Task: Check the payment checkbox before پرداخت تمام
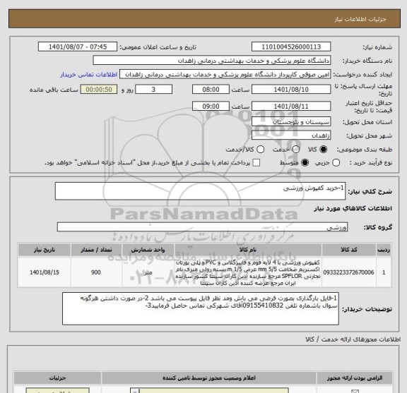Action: (256, 163)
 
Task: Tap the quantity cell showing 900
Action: (95, 272)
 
